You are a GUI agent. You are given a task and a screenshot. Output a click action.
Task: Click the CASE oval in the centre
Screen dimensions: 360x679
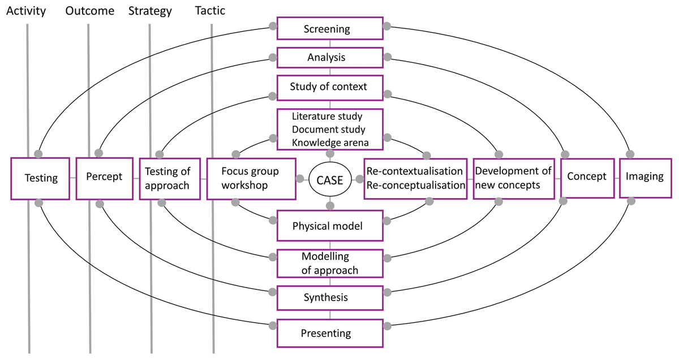[330, 180]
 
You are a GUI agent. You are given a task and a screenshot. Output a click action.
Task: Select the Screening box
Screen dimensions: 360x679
[330, 28]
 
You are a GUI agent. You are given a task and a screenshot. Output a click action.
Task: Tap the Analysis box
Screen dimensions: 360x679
[330, 58]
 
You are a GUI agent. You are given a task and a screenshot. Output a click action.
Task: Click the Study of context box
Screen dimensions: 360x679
[330, 87]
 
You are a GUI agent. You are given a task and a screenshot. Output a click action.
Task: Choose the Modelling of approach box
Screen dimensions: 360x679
[330, 263]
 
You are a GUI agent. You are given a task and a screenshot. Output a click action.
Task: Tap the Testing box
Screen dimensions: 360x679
[41, 178]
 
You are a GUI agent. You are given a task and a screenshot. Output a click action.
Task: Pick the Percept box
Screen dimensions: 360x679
[104, 177]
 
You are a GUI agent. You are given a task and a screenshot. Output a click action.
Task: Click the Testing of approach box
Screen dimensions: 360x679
[168, 178]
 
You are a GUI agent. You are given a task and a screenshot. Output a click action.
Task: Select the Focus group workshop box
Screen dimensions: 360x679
[251, 178]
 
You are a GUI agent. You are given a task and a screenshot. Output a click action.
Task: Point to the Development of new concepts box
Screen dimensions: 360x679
[514, 178]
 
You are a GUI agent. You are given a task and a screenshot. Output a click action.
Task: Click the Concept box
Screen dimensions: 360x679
[587, 177]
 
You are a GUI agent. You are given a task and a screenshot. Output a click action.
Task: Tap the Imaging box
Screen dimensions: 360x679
[644, 177]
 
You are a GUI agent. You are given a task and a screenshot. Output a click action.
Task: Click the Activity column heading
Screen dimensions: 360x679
[26, 11]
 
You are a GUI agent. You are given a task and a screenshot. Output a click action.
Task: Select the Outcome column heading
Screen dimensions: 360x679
[89, 11]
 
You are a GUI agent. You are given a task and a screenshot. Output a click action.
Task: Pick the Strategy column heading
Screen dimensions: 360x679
[151, 11]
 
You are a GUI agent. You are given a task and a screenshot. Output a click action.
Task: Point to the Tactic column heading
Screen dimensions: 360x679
[210, 11]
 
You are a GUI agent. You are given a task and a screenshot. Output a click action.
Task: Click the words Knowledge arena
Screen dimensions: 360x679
[330, 142]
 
